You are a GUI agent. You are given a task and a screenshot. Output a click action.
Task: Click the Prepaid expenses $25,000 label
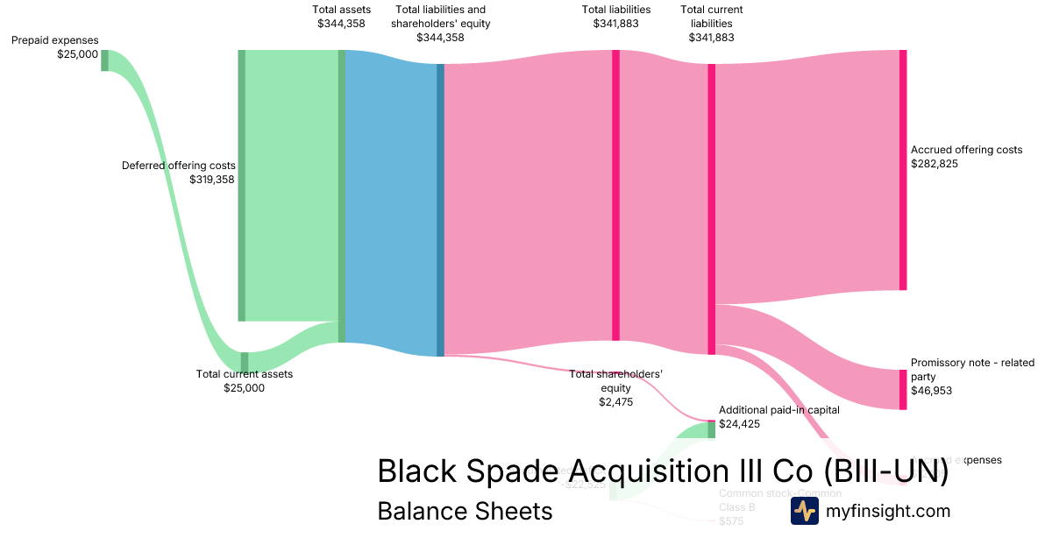54,47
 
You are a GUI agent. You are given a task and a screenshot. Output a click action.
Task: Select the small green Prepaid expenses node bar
104,60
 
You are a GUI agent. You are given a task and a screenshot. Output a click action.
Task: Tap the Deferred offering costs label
179,166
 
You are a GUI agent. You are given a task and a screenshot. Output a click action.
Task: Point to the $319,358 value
212,180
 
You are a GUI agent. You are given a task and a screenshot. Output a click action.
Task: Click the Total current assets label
245,374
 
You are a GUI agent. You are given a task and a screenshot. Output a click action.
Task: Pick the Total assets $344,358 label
341,17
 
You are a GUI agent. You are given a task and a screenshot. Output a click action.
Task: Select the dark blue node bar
440,210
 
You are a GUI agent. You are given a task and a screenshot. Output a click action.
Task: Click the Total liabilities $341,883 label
615,17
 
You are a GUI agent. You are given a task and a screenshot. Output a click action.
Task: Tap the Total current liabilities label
711,24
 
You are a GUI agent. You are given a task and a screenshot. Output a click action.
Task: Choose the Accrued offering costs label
966,150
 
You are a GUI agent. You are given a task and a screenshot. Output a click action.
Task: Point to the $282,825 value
935,164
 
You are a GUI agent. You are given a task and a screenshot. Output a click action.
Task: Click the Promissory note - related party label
972,370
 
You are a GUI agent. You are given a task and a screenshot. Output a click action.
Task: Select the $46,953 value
931,391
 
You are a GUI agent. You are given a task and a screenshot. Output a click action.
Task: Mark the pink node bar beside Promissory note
903,390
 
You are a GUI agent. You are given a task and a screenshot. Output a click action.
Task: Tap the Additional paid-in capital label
778,409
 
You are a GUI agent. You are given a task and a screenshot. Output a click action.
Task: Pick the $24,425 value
739,424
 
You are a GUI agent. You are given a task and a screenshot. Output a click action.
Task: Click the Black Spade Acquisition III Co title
663,471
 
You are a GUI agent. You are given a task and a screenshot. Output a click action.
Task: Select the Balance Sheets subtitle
465,512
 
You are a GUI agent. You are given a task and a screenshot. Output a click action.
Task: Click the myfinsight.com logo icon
804,512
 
